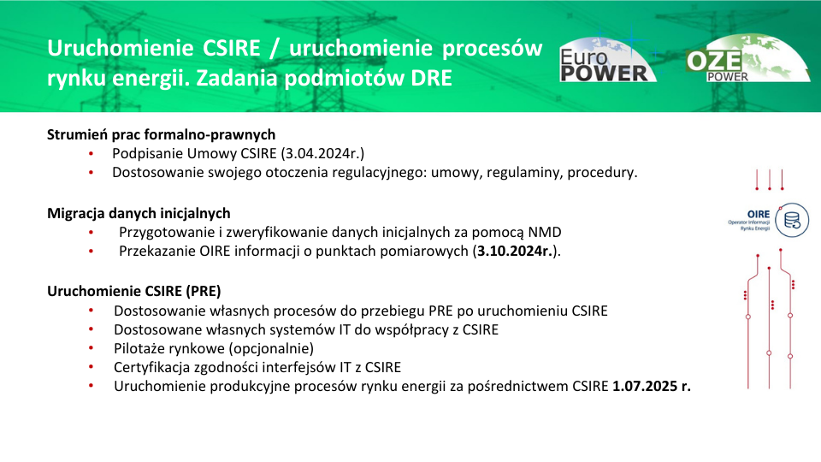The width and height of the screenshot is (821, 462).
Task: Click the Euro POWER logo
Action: pyautogui.click(x=607, y=59)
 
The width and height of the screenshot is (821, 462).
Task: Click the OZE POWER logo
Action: pyautogui.click(x=748, y=58)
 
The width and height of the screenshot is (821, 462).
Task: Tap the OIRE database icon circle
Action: pyautogui.click(x=792, y=220)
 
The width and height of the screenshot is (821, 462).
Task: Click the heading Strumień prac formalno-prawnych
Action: pyautogui.click(x=162, y=134)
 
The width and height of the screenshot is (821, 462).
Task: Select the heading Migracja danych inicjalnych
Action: pyautogui.click(x=139, y=213)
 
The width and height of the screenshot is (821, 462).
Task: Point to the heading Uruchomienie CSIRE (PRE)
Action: pyautogui.click(x=134, y=291)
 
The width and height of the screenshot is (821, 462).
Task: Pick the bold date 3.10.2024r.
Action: pyautogui.click(x=515, y=251)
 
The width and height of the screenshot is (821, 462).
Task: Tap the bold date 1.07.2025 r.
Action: pyautogui.click(x=652, y=386)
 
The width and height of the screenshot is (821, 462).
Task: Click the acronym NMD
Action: pyautogui.click(x=545, y=232)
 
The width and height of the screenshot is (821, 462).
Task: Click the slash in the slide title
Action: pyautogui.click(x=275, y=49)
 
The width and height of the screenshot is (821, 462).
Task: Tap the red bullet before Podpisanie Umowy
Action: pyautogui.click(x=92, y=153)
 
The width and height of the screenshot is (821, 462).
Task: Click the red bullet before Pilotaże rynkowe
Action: pyautogui.click(x=92, y=348)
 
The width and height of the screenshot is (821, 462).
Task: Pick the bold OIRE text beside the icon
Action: pyautogui.click(x=759, y=214)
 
